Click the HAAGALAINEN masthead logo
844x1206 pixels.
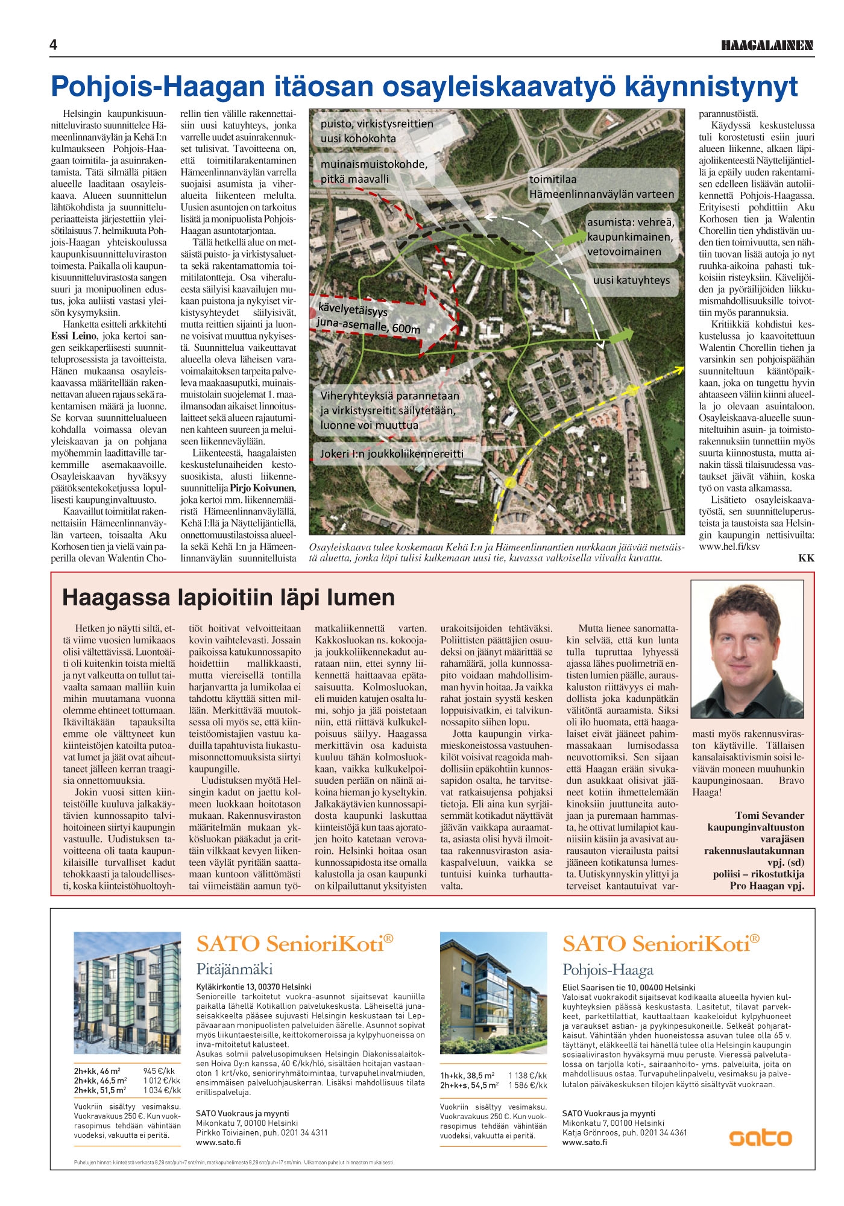pyautogui.click(x=767, y=45)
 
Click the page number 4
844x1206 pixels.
pyautogui.click(x=54, y=45)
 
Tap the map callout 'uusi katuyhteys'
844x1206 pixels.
pyautogui.click(x=631, y=280)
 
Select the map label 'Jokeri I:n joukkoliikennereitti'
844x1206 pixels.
pyautogui.click(x=392, y=453)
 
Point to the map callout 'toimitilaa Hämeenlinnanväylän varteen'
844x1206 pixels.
pyautogui.click(x=601, y=187)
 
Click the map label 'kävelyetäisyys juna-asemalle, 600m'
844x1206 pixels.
pyautogui.click(x=368, y=320)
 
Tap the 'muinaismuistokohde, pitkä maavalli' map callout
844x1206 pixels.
pyautogui.click(x=374, y=171)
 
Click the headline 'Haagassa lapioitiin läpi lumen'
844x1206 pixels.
pyautogui.click(x=228, y=598)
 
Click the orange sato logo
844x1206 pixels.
pyautogui.click(x=760, y=1137)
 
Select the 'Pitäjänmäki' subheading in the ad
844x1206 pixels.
pyautogui.click(x=235, y=969)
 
